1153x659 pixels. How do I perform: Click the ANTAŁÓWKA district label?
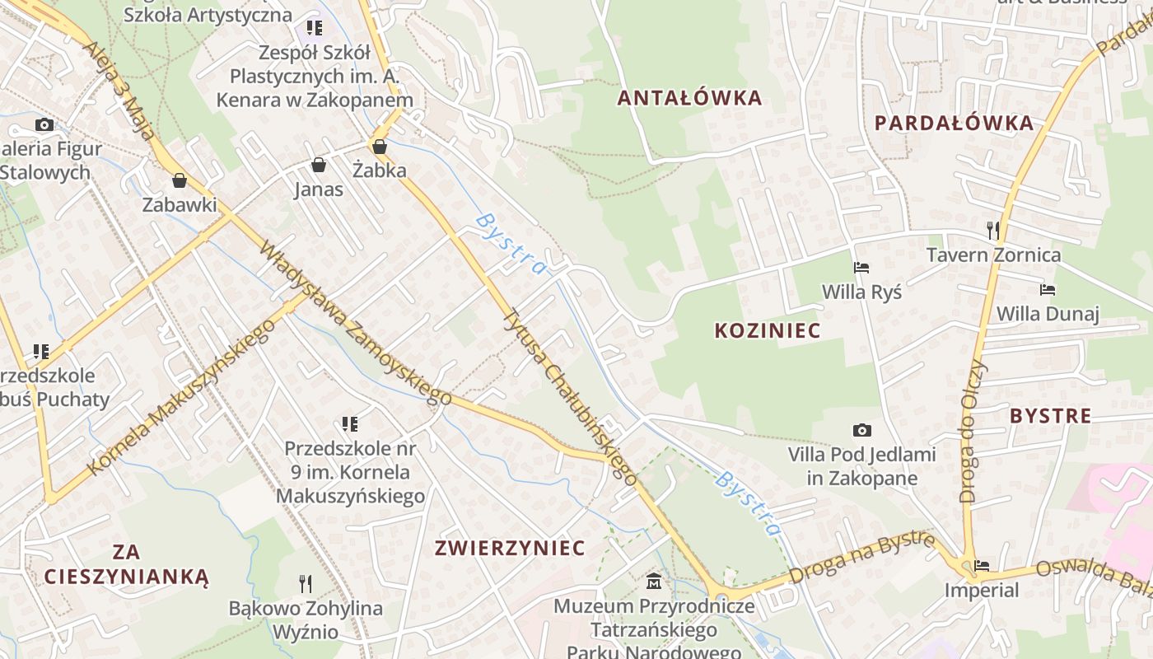[690, 98]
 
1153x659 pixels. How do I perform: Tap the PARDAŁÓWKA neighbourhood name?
[954, 124]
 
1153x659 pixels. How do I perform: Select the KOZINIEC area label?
[768, 331]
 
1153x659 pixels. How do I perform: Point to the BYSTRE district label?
[1050, 416]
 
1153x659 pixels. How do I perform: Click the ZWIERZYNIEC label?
[510, 549]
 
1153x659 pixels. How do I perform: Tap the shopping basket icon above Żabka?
[380, 147]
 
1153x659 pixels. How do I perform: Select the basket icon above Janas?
[319, 165]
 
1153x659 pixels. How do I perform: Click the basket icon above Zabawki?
[179, 180]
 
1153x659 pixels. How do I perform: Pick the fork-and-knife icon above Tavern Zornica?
[993, 230]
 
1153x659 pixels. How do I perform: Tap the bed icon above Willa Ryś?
[861, 267]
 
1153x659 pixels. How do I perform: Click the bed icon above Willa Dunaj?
[1048, 289]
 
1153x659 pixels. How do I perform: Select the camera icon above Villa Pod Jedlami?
[861, 430]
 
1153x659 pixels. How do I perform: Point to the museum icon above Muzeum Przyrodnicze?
[654, 582]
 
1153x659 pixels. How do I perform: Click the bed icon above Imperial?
[982, 566]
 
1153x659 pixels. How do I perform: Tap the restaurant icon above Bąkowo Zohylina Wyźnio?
[306, 584]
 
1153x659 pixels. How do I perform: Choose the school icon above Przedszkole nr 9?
[350, 424]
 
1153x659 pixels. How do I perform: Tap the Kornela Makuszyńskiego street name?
[180, 396]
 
